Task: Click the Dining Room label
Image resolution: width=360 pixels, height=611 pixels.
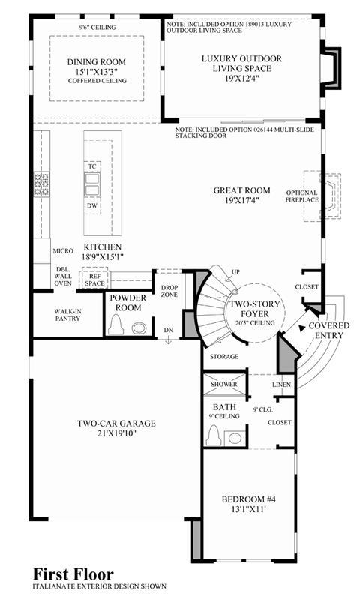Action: (96, 62)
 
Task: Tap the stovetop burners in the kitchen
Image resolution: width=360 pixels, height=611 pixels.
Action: (42, 184)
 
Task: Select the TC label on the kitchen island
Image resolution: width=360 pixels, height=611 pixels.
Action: (91, 166)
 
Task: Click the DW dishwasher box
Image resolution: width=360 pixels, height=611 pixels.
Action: (92, 205)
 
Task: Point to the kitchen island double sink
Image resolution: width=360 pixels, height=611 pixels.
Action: (92, 184)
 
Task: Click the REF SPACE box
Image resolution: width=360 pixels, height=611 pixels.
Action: (94, 278)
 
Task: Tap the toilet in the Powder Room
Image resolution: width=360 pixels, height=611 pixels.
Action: (115, 324)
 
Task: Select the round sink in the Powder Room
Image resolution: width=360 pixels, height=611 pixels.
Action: (139, 328)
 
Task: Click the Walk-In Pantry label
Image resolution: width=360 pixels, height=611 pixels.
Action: (67, 314)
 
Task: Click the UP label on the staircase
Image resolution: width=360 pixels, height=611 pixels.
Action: (235, 271)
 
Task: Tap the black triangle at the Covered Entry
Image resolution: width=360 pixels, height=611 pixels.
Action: (301, 328)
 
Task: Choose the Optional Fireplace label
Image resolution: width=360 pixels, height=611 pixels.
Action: (302, 196)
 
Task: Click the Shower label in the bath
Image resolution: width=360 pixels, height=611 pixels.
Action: (224, 384)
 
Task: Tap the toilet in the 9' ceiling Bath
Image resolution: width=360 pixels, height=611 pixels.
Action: (214, 435)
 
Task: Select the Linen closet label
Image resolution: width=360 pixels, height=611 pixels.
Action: (281, 384)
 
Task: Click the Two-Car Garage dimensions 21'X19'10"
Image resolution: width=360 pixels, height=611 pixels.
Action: (116, 433)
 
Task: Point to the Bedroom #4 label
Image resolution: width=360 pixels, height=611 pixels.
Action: (249, 499)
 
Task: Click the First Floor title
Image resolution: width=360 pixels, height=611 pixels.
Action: (73, 574)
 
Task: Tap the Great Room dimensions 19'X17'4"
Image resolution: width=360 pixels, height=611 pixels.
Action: (241, 201)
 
